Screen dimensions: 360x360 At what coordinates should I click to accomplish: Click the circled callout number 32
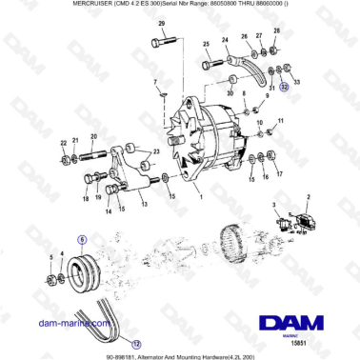point(284,84)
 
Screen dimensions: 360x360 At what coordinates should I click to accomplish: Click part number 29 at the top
point(161,22)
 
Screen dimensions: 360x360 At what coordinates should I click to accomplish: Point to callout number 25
point(207,45)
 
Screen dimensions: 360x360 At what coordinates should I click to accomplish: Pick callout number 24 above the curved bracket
point(226,40)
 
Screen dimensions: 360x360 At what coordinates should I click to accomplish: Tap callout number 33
point(296,83)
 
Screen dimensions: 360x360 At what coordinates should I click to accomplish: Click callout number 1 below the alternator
point(200,197)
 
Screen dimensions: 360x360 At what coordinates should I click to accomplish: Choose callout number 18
point(85,199)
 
